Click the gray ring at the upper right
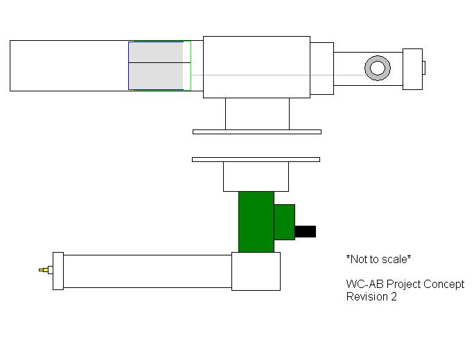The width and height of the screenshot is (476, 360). tap(378, 68)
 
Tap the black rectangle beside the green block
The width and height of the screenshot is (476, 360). tap(306, 231)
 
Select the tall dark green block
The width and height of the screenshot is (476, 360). tap(256, 222)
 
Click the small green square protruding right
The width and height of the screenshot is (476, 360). tap(285, 222)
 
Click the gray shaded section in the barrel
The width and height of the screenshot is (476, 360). tap(156, 66)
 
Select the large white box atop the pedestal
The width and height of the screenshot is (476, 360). tap(256, 66)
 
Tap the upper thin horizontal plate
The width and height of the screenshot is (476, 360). tap(256, 132)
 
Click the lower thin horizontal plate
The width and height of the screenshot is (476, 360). tap(256, 159)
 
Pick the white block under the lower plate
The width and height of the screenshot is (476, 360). tap(256, 177)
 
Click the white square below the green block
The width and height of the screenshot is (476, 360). tap(256, 271)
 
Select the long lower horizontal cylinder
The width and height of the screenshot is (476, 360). tap(147, 271)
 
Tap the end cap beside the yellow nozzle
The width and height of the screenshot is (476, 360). tap(58, 271)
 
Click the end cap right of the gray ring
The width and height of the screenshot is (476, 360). tap(412, 69)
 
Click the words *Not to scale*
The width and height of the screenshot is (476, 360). tap(378, 259)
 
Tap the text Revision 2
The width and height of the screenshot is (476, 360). tap(371, 296)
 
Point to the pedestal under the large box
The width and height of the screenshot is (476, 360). tap(257, 114)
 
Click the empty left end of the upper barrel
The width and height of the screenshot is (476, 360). tap(69, 66)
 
